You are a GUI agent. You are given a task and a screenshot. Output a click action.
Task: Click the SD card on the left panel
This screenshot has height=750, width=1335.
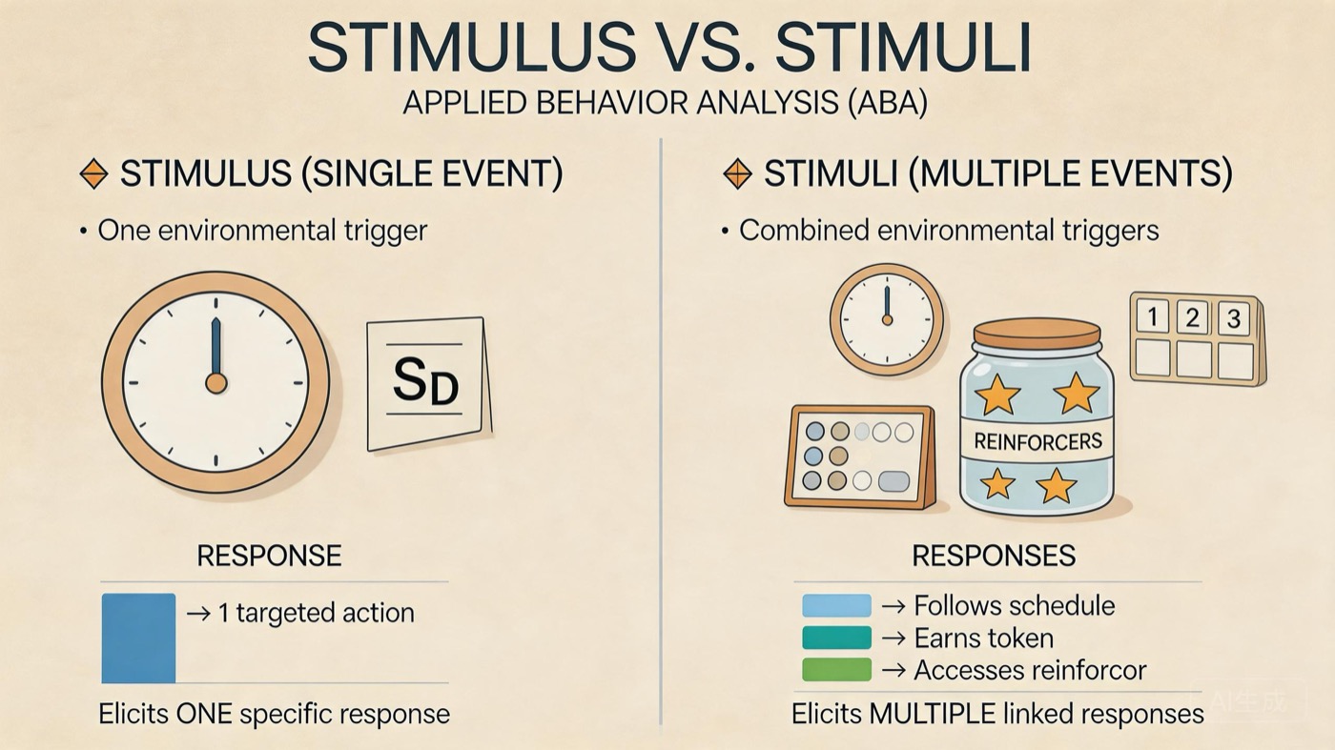429,384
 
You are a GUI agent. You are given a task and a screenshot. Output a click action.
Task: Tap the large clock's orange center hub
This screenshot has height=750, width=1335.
216,383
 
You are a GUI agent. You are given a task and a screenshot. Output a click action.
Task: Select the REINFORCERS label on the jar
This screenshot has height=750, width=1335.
1037,441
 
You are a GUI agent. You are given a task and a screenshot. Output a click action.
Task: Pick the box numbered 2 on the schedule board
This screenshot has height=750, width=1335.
1192,317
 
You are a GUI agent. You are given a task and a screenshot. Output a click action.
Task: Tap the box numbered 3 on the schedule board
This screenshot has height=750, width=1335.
1233,318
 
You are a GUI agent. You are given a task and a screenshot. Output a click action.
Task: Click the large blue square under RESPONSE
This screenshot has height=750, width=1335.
138,638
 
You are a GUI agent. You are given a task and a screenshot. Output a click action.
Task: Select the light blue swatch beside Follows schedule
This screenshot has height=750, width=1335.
836,605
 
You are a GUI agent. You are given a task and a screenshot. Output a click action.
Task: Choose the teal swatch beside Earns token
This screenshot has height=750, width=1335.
836,638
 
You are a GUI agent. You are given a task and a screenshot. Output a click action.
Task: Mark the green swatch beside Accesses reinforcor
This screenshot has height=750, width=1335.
836,670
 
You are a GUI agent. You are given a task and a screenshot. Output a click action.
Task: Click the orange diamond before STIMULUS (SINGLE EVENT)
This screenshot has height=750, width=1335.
93,174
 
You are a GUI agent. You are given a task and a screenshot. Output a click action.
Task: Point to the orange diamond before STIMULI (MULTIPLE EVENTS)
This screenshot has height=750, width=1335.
737,174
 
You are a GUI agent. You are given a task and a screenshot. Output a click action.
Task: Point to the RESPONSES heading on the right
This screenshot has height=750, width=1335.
994,556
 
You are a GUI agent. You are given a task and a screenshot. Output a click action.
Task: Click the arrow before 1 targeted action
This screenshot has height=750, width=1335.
198,614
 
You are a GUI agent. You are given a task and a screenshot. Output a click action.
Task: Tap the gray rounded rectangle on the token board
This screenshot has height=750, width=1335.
894,480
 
